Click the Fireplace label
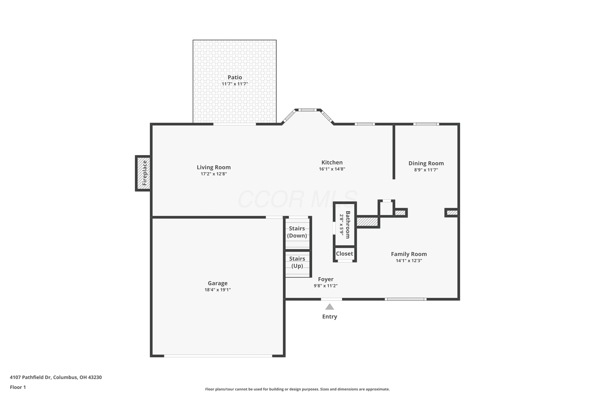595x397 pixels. [145, 173]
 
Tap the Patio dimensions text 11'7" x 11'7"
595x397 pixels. [235, 84]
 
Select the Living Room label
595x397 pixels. [214, 167]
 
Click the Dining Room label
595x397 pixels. [426, 163]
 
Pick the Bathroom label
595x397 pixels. [348, 225]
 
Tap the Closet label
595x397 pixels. [344, 254]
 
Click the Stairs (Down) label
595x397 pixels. [297, 232]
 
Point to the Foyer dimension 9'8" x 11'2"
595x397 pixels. [326, 286]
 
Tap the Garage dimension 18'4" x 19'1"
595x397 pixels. [218, 290]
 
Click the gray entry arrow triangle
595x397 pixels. [329, 307]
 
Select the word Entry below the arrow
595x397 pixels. [329, 316]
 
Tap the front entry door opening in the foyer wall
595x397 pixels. [331, 299]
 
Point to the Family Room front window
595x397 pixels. [406, 299]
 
